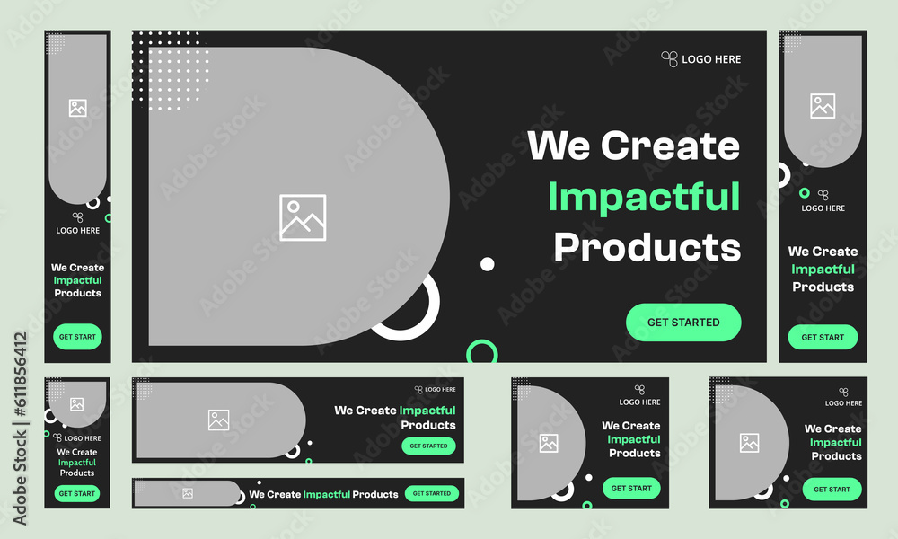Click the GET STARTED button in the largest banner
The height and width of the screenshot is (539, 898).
(683, 323)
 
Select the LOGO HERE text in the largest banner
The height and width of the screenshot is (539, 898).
(711, 59)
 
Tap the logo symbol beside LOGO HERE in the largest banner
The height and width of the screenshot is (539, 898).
(669, 59)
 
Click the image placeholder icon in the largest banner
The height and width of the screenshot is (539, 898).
(303, 217)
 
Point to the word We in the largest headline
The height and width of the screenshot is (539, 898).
(559, 146)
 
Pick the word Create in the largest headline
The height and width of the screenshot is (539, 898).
(670, 146)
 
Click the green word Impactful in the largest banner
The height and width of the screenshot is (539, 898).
(644, 197)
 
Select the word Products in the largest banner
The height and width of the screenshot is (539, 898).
(647, 247)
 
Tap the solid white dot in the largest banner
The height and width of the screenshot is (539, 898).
(488, 264)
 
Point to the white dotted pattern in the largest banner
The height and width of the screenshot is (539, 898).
(171, 70)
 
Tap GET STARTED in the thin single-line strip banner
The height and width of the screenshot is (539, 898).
(432, 493)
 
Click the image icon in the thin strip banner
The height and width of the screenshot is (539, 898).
(188, 493)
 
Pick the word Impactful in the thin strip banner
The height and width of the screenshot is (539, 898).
(327, 494)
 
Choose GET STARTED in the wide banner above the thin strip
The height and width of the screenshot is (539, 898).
(428, 446)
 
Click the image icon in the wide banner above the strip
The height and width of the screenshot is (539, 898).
(219, 420)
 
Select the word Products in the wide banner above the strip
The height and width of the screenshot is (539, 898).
(428, 425)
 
